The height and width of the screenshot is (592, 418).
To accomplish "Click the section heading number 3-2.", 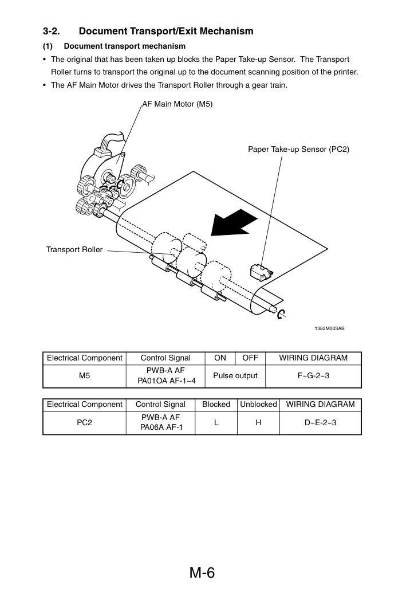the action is pos(51,31).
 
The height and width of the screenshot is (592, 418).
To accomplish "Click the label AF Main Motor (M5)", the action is pos(178,104).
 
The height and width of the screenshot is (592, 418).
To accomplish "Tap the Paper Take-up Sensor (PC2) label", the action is pos(298,149).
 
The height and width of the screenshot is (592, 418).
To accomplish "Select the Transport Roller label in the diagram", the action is pos(74,249).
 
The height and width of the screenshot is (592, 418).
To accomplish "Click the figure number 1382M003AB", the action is pos(329,328).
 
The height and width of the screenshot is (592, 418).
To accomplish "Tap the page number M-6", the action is pos(202,573).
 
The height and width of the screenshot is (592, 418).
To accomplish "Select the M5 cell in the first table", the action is pos(85,376).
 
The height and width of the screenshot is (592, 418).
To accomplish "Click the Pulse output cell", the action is pos(235,376).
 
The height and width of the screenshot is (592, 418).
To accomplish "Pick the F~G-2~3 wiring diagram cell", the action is pos(313,376).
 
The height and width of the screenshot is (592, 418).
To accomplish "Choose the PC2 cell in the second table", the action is pos(85,422).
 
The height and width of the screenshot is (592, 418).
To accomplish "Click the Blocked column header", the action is pos(216,405).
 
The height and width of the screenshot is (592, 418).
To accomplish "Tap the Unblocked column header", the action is pos(258,405).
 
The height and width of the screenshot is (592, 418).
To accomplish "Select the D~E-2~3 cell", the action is pos(320,422).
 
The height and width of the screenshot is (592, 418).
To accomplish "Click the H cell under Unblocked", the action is pos(258,422).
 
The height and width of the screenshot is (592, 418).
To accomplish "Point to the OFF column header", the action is pos(250,358).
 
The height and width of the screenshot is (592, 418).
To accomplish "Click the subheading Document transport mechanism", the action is pos(124,46).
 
